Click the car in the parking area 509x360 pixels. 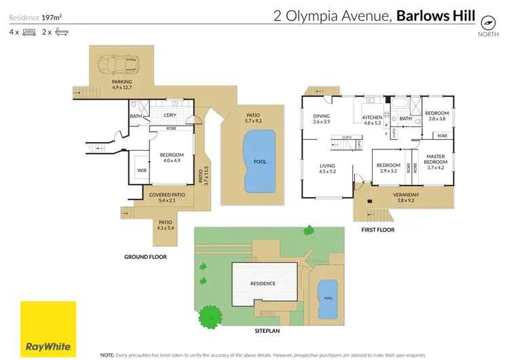(x=119, y=65)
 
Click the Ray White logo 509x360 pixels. (x=48, y=329)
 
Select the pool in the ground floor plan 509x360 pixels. (x=259, y=161)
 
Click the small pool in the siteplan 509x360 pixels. (x=328, y=298)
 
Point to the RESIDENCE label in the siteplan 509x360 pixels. (x=263, y=283)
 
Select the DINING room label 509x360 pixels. (x=321, y=119)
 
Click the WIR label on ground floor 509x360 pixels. (x=142, y=170)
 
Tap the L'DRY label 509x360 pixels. (x=170, y=115)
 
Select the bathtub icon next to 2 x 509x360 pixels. (x=60, y=32)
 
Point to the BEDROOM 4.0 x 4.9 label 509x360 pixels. (x=172, y=158)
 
